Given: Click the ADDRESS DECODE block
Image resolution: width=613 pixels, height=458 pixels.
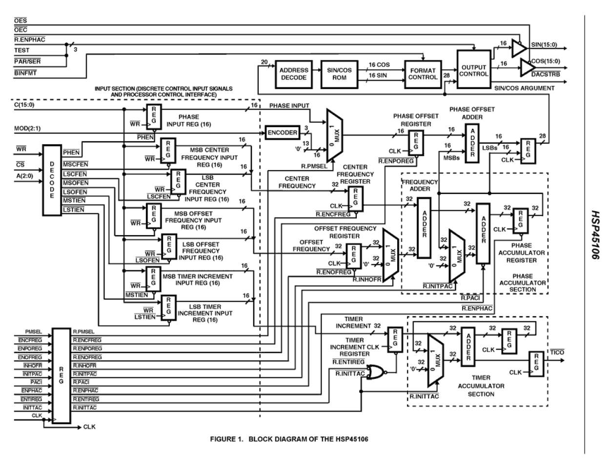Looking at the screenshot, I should point(292,73).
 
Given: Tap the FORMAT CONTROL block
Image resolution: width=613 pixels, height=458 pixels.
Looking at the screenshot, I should point(422,73).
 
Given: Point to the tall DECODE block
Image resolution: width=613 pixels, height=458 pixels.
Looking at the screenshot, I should point(52,179).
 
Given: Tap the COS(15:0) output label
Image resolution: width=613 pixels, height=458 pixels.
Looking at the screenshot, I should point(547,61).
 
